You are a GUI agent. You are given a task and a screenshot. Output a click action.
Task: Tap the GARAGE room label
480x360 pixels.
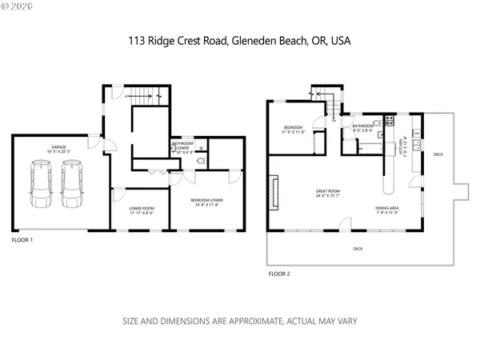click(59, 148)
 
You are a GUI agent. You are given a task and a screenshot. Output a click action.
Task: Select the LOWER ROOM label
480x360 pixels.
click(142, 210)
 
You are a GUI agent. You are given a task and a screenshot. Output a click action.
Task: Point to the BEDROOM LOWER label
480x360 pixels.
click(206, 201)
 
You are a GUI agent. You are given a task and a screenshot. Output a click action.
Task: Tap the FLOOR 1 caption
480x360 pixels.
click(26, 239)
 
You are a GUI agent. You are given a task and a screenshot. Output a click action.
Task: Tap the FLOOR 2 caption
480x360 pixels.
click(279, 273)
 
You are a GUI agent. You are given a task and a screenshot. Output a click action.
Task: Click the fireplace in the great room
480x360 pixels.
click(275, 193)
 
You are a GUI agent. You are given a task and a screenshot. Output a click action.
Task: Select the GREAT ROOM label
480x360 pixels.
click(328, 191)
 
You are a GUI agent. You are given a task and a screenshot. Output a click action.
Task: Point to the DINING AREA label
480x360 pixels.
click(387, 209)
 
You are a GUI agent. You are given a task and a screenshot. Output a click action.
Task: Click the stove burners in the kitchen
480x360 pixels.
click(389, 122)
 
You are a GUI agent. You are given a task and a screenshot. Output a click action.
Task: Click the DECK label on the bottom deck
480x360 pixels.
click(357, 249)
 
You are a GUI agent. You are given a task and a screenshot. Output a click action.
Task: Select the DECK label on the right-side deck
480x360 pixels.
click(438, 154)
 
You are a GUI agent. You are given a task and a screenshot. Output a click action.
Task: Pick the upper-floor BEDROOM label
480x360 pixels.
click(292, 127)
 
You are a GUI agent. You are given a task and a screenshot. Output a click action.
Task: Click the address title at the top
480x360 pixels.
click(239, 40)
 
